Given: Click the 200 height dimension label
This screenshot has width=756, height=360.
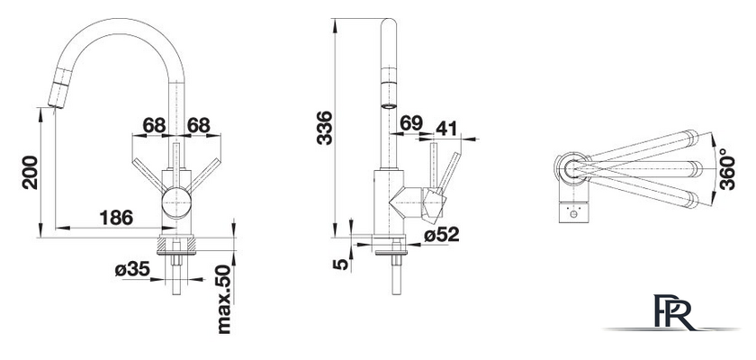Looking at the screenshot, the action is point(30,172).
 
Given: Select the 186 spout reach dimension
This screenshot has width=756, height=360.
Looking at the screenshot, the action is point(116,218).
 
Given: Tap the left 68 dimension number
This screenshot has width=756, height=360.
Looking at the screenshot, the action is point(154,125).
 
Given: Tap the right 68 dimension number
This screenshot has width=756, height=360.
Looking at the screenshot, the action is point(199,125).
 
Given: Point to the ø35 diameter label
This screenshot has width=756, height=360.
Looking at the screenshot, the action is point(132,269).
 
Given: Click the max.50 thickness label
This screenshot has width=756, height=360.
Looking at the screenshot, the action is point(224,300).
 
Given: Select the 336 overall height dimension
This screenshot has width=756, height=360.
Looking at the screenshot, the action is point(325,128).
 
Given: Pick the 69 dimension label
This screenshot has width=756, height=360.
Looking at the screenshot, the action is point(411,123).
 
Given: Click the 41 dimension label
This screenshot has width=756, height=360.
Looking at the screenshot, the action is point(447,128).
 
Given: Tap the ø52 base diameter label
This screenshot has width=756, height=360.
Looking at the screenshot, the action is point(442,235).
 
